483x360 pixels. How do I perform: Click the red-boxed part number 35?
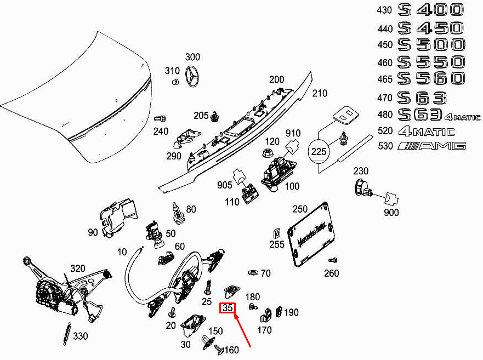coord(228,308)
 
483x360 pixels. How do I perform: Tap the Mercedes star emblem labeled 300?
coord(193,76)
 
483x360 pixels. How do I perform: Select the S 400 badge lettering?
coord(430,10)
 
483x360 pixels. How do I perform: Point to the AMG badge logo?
coord(431,146)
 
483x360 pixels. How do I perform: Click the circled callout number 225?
coord(319,152)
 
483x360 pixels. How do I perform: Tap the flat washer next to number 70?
coord(253,273)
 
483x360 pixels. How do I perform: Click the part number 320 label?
coord(78,268)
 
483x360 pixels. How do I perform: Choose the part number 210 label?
coord(320,93)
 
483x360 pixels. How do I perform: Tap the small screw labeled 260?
coord(333,260)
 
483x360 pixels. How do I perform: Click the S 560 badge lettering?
coord(431,78)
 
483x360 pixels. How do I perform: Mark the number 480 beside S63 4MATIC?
coord(385,115)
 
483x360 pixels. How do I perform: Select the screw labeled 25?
coord(208,287)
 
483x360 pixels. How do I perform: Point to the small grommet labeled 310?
coord(175,82)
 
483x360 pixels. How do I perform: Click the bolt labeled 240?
coord(160,118)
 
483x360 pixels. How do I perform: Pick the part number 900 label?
coord(391,212)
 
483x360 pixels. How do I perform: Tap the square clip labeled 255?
coord(277,234)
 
